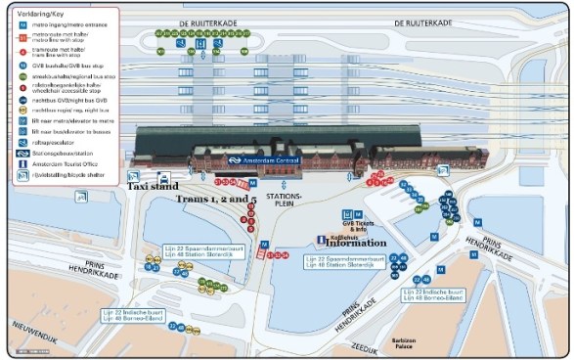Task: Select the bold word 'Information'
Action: [354, 242]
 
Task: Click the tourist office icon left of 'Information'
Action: [320, 242]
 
